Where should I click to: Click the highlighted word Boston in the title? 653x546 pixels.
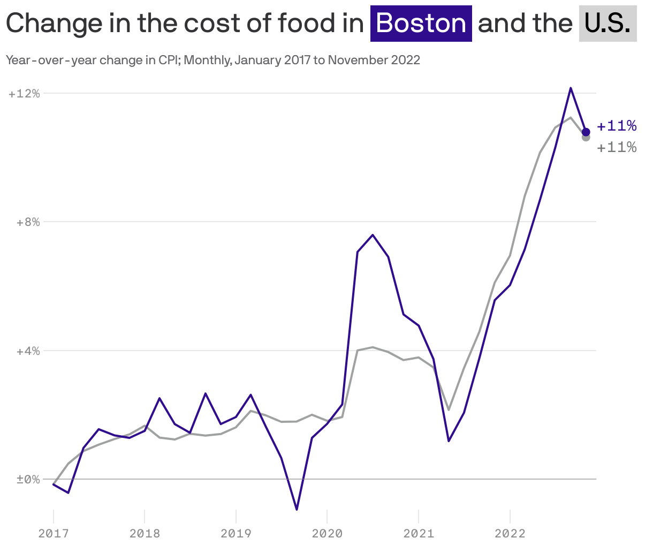point(421,24)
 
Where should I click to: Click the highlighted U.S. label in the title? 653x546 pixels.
point(608,24)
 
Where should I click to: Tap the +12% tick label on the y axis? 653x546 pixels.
point(25,94)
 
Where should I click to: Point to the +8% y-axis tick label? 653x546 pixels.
point(28,222)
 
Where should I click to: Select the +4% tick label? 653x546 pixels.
point(28,351)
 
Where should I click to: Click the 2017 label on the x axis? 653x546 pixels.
point(53,533)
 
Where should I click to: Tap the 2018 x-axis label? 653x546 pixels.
point(145,533)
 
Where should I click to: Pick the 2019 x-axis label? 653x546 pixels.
point(236,533)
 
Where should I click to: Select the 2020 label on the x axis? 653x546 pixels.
point(327,533)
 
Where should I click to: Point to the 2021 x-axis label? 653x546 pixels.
point(419,533)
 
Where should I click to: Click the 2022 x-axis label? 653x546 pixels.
point(510,533)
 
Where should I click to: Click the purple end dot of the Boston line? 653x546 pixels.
point(586,132)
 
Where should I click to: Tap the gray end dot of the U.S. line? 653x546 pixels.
point(586,138)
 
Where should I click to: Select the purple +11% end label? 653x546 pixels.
point(617,126)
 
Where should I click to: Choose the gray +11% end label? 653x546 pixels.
point(617,147)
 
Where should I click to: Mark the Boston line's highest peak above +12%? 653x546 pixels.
point(571,88)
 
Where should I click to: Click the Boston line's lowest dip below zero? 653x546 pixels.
point(297,509)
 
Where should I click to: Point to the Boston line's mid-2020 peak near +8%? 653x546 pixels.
point(373,235)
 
